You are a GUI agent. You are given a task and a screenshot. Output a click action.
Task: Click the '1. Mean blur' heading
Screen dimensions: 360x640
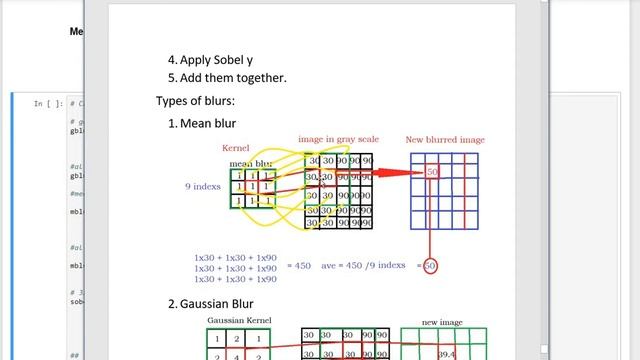tap(202, 123)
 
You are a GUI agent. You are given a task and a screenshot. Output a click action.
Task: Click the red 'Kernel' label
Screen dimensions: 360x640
tap(234, 149)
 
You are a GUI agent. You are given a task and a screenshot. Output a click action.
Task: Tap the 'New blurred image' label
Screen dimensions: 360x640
tap(445, 140)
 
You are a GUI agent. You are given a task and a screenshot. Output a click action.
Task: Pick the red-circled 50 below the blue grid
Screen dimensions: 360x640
tap(430, 266)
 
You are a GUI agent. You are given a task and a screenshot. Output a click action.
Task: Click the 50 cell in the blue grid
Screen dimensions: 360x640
tap(431, 173)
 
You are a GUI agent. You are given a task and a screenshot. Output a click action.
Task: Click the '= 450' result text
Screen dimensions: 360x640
tap(299, 266)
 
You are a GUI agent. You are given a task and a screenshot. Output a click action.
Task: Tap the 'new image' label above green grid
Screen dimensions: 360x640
tap(443, 322)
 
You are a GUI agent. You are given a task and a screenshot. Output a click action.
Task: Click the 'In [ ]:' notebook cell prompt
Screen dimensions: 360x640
tap(48, 103)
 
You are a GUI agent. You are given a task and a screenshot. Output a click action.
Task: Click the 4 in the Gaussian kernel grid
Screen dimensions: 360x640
tap(241, 355)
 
